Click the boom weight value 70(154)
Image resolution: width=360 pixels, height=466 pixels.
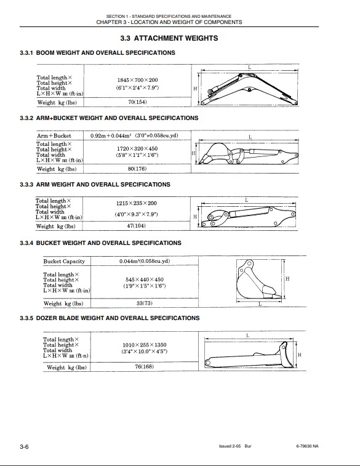point(137,102)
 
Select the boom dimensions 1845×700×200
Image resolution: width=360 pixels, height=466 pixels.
point(137,80)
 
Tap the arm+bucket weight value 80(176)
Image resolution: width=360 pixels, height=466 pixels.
point(137,169)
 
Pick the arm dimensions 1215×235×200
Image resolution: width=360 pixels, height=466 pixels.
point(137,203)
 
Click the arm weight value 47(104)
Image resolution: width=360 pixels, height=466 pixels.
point(137,225)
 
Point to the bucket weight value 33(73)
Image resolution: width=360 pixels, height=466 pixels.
point(145,303)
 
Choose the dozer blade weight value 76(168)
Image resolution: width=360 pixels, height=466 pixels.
point(145,366)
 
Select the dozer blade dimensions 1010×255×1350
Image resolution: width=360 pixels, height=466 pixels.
point(145,345)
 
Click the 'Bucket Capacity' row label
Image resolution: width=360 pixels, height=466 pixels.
point(64,261)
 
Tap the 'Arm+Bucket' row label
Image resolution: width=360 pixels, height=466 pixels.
point(54,136)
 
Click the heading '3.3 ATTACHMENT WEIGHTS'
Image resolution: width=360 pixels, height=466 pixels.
point(169,38)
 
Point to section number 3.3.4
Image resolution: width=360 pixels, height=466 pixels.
point(26,243)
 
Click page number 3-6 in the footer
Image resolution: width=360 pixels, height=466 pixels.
point(25,447)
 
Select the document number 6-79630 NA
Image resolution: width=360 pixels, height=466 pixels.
point(307,446)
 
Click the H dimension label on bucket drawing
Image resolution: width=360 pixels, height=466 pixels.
point(287,279)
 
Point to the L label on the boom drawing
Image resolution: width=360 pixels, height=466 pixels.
point(249,68)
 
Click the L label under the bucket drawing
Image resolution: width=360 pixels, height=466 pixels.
point(260,304)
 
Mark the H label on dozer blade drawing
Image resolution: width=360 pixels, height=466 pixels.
point(300,355)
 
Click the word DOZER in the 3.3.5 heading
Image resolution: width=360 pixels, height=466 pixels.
point(47,318)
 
